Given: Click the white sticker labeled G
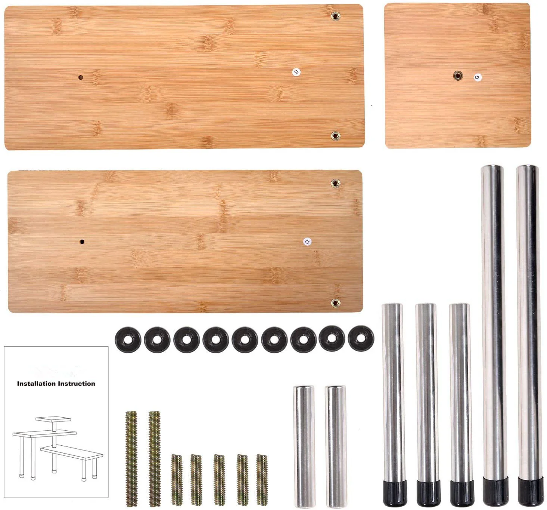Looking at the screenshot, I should click(477, 77).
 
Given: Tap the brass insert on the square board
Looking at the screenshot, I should click(457, 76).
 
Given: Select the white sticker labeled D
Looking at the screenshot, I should click(307, 242).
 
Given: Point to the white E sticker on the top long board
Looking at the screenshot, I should click(296, 72).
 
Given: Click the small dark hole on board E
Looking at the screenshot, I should click(81, 78).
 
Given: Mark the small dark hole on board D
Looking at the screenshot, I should click(82, 242).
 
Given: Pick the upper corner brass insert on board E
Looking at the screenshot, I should click(335, 16).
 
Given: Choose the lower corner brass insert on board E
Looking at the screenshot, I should click(335, 136).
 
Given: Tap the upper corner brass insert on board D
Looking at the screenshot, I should click(335, 183).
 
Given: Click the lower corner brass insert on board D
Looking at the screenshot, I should click(335, 303).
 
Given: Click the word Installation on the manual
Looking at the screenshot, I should click(35, 384).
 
